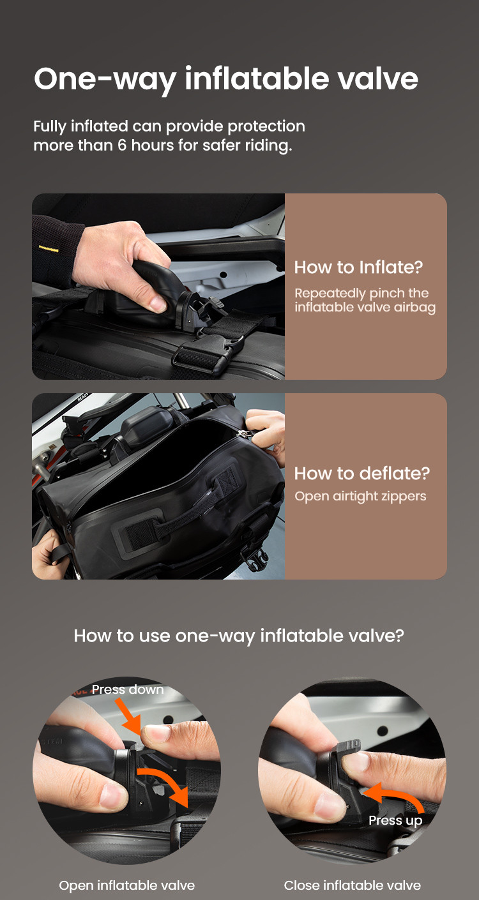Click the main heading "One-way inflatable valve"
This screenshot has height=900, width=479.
pyautogui.click(x=226, y=79)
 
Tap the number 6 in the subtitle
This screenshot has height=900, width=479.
pyautogui.click(x=122, y=145)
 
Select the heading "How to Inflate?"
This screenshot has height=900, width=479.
pyautogui.click(x=358, y=267)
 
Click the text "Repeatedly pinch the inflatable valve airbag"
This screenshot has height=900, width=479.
pyautogui.click(x=365, y=300)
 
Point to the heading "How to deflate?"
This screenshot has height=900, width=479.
pyautogui.click(x=362, y=474)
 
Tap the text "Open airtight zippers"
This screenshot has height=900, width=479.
pyautogui.click(x=360, y=496)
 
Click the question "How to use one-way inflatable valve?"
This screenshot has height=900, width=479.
pyautogui.click(x=239, y=636)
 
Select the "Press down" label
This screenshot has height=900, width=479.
pyautogui.click(x=128, y=689)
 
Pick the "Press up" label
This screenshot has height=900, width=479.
pyautogui.click(x=395, y=820)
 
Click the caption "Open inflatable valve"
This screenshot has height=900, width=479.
pyautogui.click(x=126, y=885)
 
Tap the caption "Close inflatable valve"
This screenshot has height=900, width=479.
pyautogui.click(x=353, y=885)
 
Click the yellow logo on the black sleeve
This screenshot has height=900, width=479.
pyautogui.click(x=49, y=249)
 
